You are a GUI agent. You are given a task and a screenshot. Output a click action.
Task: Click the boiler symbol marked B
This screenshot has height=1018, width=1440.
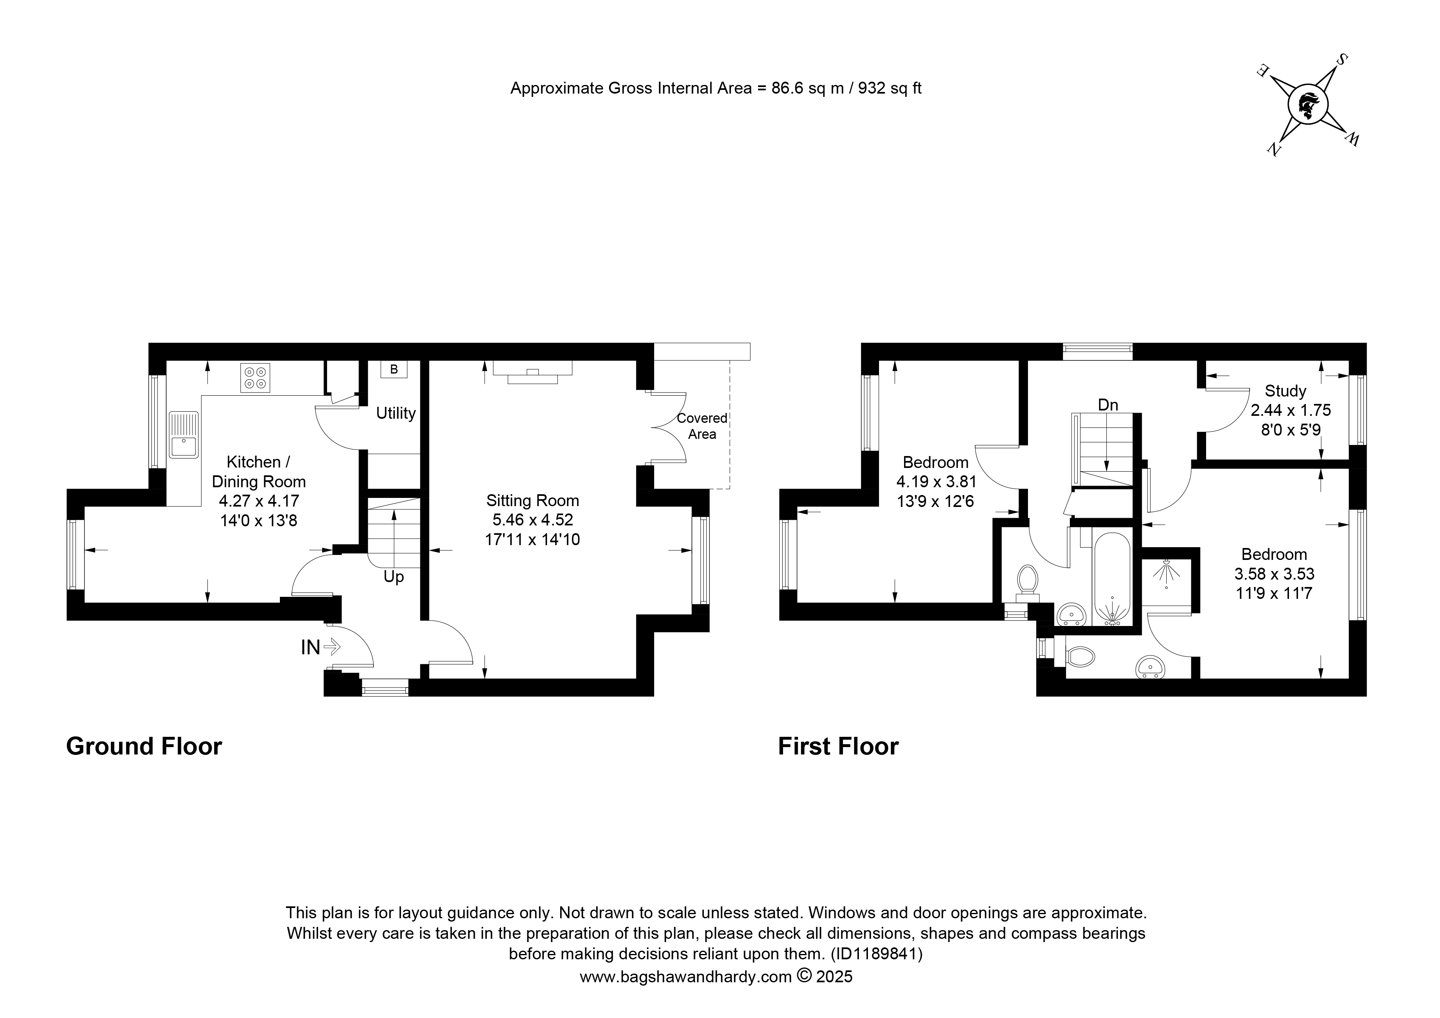394,369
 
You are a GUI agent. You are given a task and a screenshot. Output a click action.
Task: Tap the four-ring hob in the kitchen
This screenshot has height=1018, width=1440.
255,378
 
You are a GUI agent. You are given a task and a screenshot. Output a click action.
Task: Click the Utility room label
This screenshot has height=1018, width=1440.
396,413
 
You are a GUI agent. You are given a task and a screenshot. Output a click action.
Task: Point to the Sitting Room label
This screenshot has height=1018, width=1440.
533,500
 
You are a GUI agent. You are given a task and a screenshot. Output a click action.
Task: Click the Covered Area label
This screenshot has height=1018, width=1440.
702,426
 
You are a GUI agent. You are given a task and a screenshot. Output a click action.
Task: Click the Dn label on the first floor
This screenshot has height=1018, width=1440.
1108,405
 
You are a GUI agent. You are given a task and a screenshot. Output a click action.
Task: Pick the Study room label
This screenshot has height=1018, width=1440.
1285,391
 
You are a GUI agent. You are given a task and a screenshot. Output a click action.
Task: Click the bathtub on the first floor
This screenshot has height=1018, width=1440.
1113,578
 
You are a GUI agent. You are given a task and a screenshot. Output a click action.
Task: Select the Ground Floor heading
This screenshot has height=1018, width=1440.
144,746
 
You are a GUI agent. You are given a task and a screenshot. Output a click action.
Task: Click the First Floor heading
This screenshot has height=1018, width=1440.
838,746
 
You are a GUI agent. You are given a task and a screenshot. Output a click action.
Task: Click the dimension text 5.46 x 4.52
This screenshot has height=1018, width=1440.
533,520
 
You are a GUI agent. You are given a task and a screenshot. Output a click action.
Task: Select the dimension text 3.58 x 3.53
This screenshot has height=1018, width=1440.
1275,574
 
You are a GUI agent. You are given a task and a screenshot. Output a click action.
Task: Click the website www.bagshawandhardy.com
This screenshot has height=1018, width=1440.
685,977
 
